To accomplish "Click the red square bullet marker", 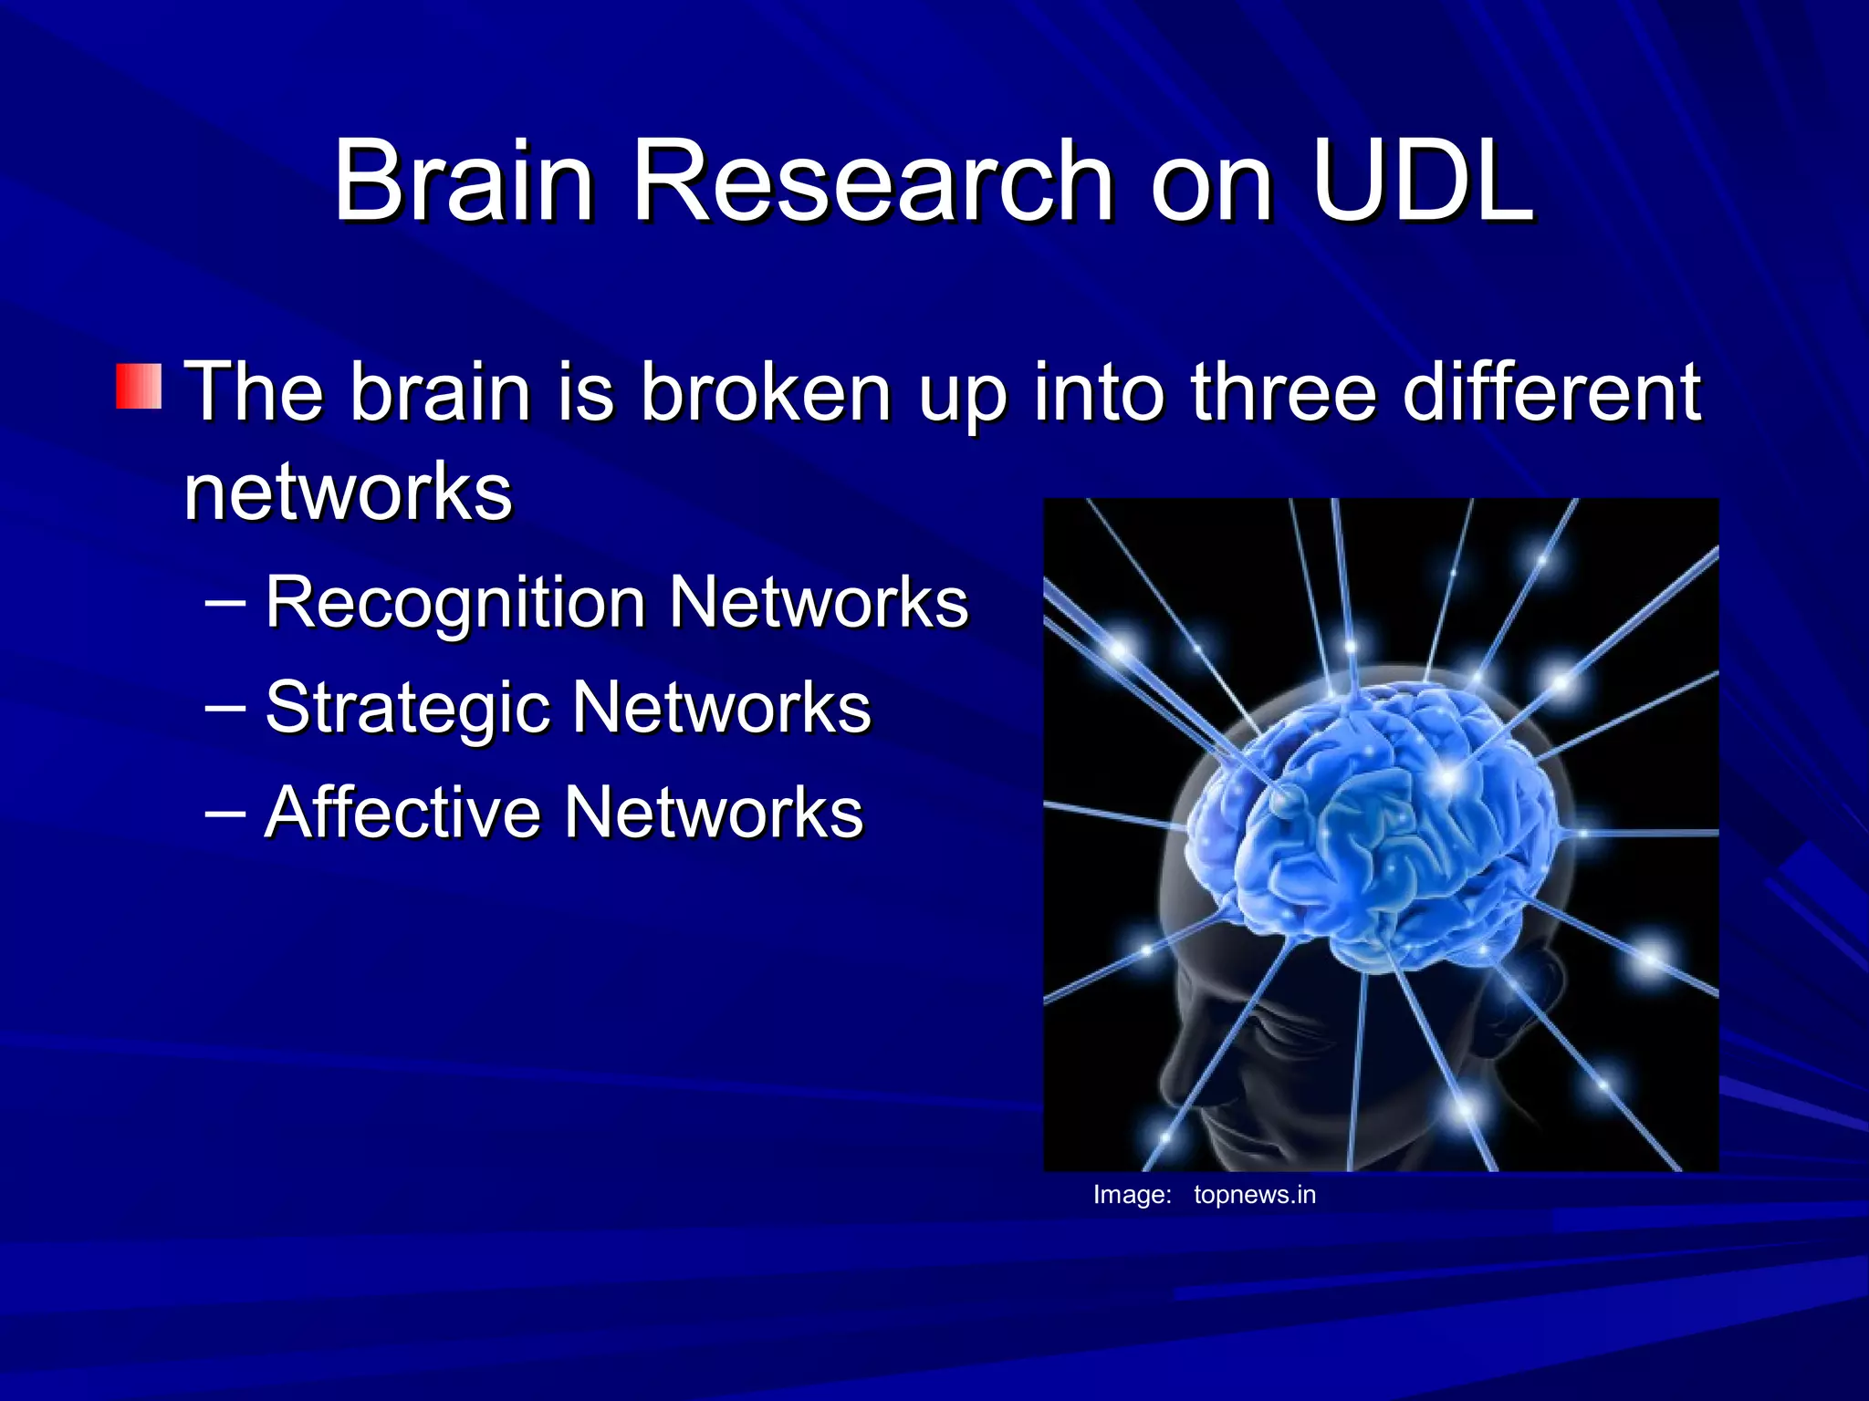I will (x=139, y=387).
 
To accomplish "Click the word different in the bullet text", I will (x=1551, y=392).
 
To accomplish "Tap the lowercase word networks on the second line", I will (x=348, y=493).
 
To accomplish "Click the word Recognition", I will (x=455, y=604).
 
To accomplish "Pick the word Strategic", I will (x=407, y=708).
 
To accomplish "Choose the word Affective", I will (x=402, y=812).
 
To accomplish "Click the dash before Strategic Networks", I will (x=224, y=708).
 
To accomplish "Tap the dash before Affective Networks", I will (x=224, y=812).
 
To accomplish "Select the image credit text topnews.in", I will (x=1254, y=1195).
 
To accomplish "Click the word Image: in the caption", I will (x=1132, y=1195).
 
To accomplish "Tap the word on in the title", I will (x=1211, y=182).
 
